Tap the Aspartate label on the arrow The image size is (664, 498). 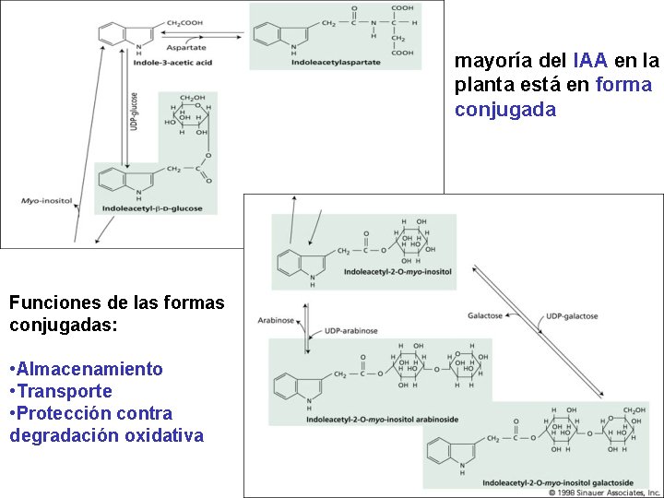[x=185, y=47]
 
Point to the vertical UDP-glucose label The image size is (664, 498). [x=135, y=112]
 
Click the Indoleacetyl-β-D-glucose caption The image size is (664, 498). [x=160, y=208]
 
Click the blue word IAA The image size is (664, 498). [x=589, y=62]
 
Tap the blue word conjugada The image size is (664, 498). [x=504, y=110]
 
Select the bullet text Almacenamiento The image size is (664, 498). [x=89, y=369]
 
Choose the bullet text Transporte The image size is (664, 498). [x=65, y=391]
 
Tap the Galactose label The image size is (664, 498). [x=484, y=315]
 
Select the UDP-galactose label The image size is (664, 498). [x=572, y=316]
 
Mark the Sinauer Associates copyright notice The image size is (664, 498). [x=599, y=493]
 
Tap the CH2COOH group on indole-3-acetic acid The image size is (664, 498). [x=160, y=22]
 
